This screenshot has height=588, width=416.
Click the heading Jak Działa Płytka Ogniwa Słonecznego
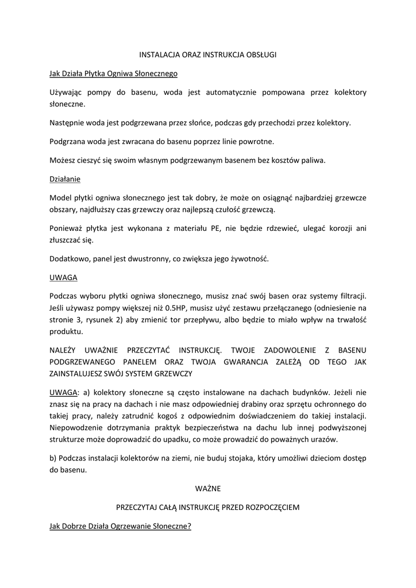[113, 73]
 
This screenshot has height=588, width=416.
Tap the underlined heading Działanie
[65, 179]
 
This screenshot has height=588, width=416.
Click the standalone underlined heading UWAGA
[63, 277]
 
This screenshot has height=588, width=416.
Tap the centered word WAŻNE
[208, 489]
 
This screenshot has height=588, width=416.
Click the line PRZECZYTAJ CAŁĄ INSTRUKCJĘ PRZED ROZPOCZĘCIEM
[208, 508]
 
